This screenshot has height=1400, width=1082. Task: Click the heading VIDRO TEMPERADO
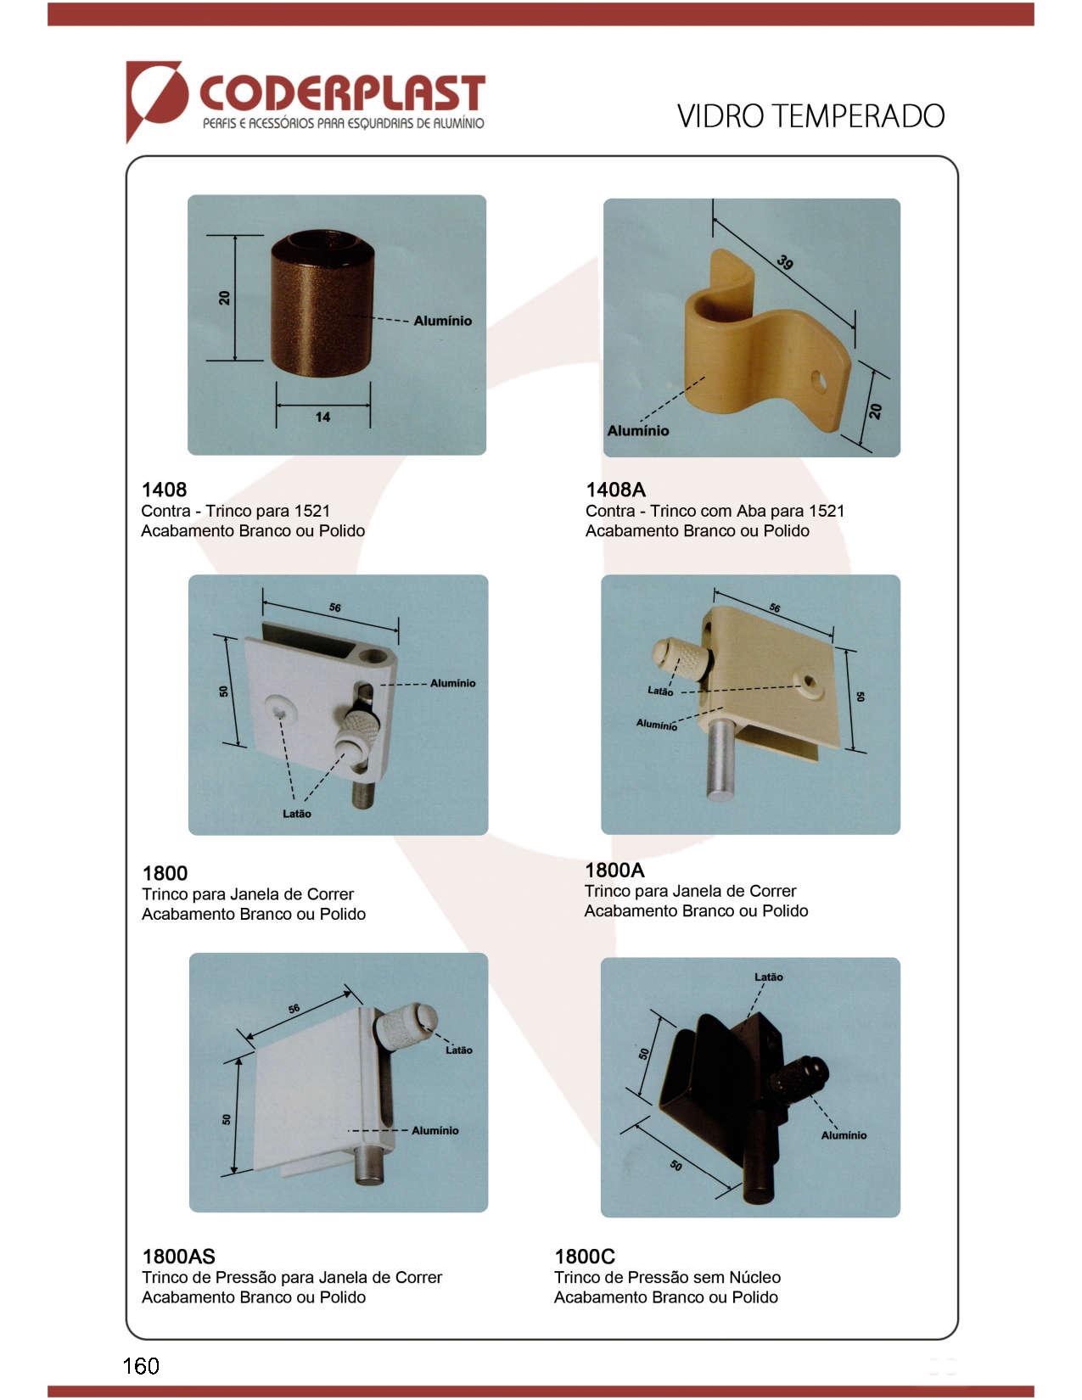point(810,116)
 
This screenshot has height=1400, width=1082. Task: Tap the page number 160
point(141,1365)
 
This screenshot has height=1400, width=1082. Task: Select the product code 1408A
point(615,490)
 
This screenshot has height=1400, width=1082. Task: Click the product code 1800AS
point(178,1257)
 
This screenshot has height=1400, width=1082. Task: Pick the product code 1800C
point(585,1257)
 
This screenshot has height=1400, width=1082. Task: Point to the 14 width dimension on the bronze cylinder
point(322,417)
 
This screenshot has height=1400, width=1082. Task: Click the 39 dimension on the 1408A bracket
point(785,262)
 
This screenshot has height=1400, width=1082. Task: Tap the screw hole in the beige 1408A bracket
point(818,382)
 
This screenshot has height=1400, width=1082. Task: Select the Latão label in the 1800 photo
point(296,814)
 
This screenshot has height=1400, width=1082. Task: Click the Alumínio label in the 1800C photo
point(844,1135)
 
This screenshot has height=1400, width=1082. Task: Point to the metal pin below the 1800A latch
point(723,760)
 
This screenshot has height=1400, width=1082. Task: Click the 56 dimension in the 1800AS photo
point(294,1009)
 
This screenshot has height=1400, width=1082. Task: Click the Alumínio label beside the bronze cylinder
point(443,321)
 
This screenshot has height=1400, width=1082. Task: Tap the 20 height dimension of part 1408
point(224,298)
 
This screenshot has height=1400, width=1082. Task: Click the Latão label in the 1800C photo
point(769,977)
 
